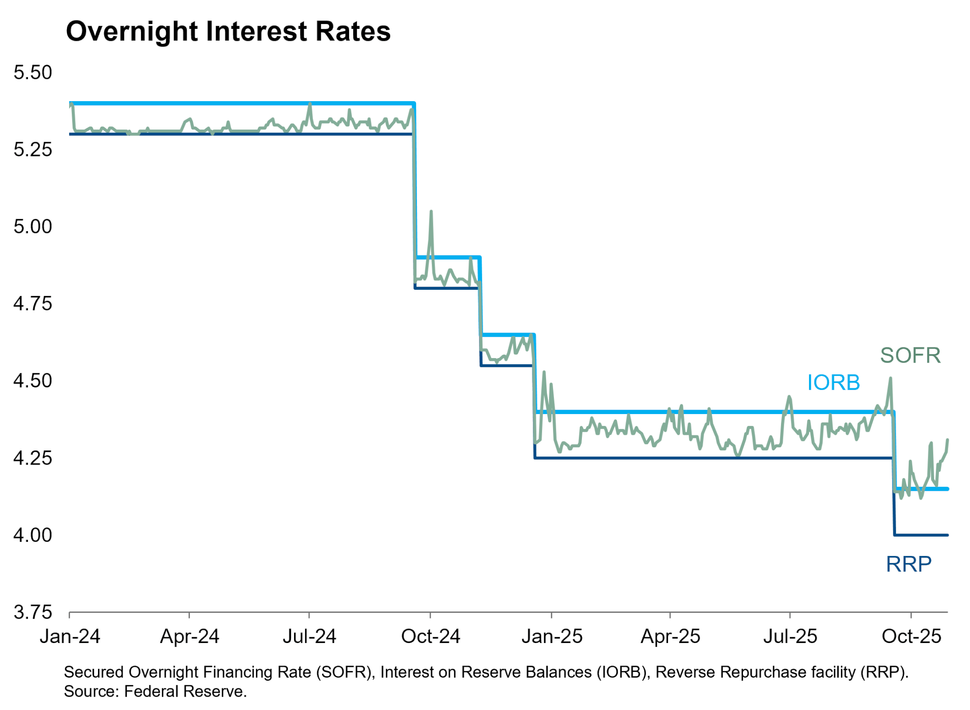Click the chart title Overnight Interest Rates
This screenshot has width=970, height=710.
tap(228, 32)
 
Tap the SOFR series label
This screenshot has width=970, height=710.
tap(910, 355)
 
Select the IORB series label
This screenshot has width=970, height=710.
tap(833, 383)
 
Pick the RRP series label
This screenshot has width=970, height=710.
tap(908, 564)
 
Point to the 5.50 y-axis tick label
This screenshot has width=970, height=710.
tap(33, 73)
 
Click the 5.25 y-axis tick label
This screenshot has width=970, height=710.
tap(33, 150)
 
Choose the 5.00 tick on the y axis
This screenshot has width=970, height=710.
tap(33, 227)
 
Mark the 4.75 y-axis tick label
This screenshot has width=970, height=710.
tap(33, 304)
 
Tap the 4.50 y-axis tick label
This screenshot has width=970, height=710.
tap(33, 381)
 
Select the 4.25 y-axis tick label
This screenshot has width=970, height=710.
tap(33, 458)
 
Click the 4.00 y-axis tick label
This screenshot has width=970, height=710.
tap(33, 536)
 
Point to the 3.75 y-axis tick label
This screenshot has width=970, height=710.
tap(33, 613)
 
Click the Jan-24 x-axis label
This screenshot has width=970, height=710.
tap(70, 637)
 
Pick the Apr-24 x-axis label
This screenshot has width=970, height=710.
tap(190, 637)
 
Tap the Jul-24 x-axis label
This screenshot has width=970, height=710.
tap(310, 637)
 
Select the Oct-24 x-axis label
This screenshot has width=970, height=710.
tap(431, 637)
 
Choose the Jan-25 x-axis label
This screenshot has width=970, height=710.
tap(552, 637)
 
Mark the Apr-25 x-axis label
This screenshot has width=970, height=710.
tap(670, 637)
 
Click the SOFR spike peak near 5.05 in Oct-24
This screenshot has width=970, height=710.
tap(431, 212)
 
